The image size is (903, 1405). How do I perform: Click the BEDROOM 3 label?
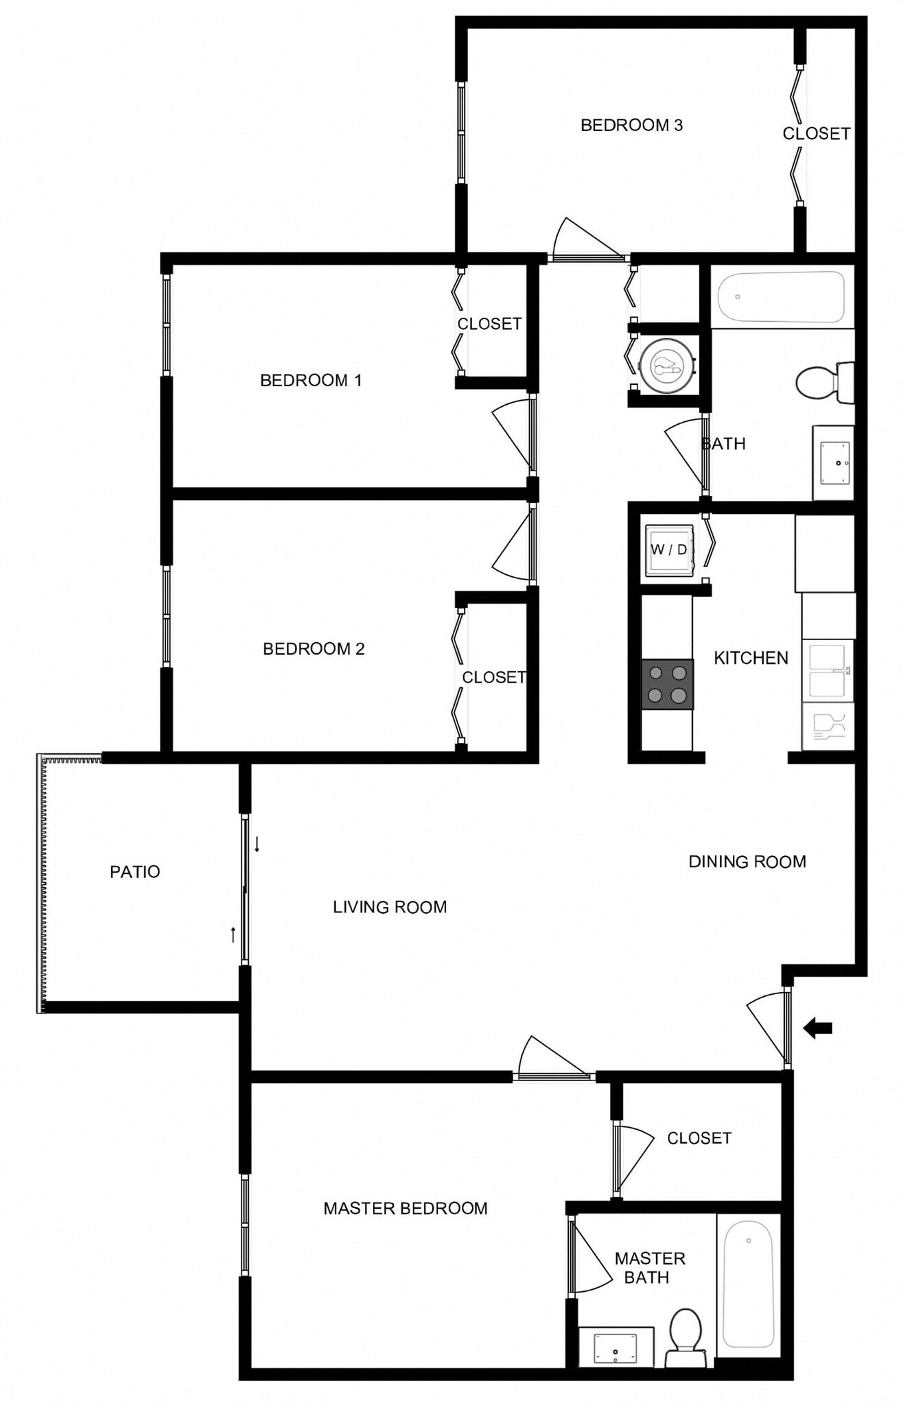[x=631, y=125]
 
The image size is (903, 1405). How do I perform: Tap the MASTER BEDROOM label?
[x=406, y=1208]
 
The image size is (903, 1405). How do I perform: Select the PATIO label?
[x=135, y=871]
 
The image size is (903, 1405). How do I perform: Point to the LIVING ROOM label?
[x=390, y=907]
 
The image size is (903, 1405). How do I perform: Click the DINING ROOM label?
[x=747, y=862]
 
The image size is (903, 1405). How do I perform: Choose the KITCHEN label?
[x=751, y=658]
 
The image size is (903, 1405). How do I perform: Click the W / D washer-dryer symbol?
[x=669, y=550]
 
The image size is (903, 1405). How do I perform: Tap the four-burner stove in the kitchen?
[x=667, y=685]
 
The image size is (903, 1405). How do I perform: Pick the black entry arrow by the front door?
[x=818, y=1028]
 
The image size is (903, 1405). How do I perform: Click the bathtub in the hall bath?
[x=781, y=296]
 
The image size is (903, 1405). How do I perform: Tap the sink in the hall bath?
[x=834, y=462]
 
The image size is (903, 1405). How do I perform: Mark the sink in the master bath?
[x=615, y=1347]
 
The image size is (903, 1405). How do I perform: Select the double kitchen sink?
[x=828, y=670]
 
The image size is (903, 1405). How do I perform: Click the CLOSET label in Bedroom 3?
[x=817, y=134]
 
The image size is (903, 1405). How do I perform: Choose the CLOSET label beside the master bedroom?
[x=699, y=1138]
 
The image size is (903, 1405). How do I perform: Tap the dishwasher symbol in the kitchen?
[x=828, y=726]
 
